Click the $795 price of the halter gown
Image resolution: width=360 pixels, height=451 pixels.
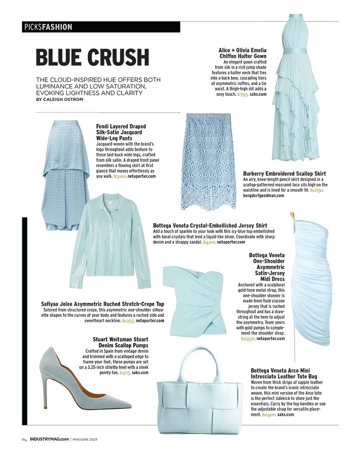243,94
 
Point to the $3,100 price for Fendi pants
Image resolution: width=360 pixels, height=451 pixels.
120,176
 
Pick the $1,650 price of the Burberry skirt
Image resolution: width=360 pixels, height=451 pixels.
317,189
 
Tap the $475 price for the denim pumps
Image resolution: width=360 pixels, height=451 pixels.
125,373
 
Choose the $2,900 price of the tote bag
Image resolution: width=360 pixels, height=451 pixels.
268,414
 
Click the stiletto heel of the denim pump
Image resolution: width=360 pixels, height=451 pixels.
44,389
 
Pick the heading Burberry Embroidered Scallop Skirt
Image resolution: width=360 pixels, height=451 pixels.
284,174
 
